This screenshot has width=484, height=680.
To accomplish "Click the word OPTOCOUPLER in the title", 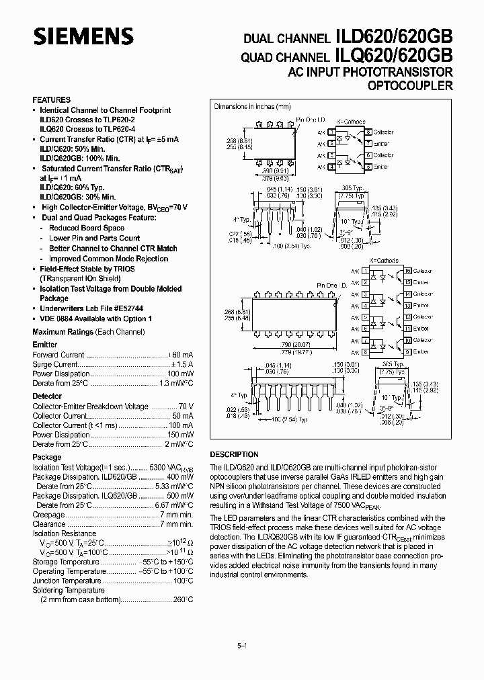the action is point(410,85).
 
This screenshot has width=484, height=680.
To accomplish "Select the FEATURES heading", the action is point(51,99).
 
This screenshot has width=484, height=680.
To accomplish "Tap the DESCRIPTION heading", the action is point(234,454).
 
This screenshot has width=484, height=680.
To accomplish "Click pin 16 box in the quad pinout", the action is point(407,271).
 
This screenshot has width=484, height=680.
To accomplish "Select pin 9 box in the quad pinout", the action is point(407,351).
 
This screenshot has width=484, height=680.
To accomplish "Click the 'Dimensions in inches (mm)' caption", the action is point(252,107).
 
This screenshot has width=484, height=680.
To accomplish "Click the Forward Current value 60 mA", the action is point(182,355).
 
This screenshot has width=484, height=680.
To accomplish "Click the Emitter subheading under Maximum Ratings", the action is point(45,344).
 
